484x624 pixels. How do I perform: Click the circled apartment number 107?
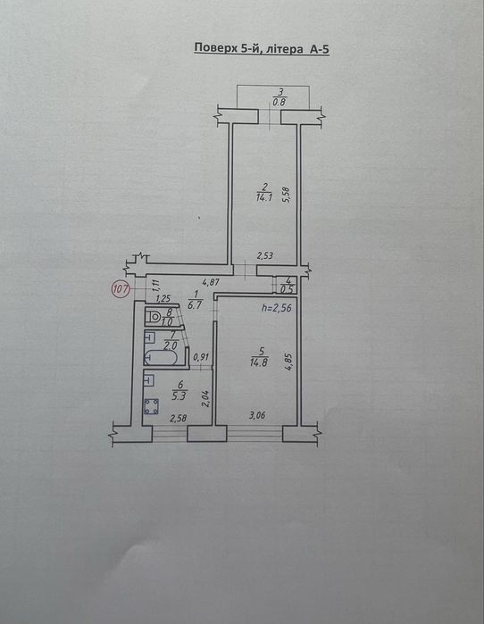[121, 287]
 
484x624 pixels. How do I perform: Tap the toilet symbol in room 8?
[154, 317]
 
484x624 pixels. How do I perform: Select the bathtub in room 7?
[161, 357]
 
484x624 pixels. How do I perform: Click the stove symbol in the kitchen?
[151, 406]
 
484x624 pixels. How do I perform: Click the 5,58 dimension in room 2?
[286, 195]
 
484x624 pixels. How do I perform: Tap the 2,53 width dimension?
[264, 255]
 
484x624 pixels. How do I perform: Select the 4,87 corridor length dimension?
[211, 283]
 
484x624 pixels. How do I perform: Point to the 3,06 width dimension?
[257, 415]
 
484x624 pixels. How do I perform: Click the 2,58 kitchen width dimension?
[178, 418]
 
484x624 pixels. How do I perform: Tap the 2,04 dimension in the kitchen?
[206, 398]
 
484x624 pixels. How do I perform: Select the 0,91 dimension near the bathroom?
[201, 357]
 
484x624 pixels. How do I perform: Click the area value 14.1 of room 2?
[264, 196]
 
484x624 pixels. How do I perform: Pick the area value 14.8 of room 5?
[259, 362]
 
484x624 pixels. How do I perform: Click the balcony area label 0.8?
[280, 102]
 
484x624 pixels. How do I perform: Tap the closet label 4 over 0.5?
[287, 286]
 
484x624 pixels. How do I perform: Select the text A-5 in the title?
[318, 49]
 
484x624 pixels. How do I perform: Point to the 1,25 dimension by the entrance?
[163, 298]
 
